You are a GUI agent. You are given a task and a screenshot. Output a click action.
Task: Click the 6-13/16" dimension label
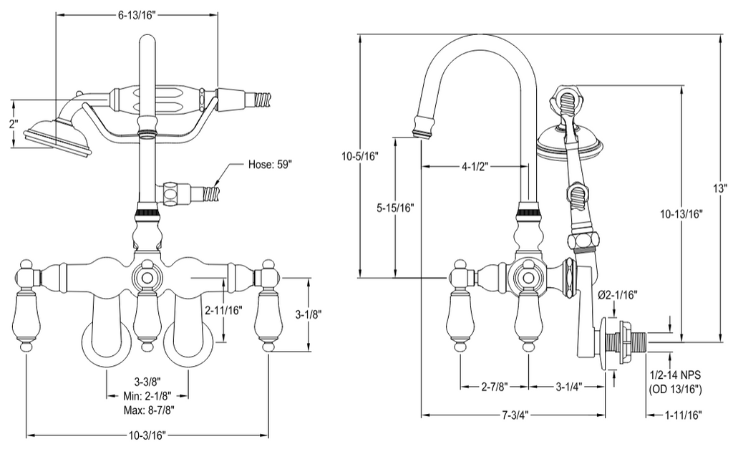point(136,16)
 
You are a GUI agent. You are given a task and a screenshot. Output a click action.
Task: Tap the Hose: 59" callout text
point(270,165)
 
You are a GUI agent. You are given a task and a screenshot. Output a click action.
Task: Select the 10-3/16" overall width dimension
point(147,436)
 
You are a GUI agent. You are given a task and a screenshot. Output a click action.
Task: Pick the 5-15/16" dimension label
point(395,208)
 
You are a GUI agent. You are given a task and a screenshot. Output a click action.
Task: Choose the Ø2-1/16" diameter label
point(618,294)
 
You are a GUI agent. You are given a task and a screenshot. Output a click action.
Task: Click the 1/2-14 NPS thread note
point(676,375)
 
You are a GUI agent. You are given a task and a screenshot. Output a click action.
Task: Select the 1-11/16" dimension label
point(683,415)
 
